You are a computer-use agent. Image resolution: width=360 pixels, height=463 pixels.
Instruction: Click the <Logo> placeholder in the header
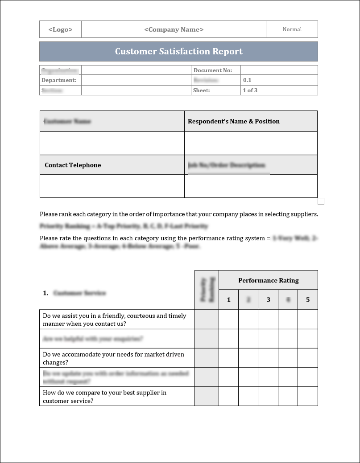(x=60, y=29)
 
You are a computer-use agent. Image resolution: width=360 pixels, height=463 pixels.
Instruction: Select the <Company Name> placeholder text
(x=174, y=29)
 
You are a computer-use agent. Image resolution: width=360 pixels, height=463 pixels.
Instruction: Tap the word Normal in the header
(x=292, y=29)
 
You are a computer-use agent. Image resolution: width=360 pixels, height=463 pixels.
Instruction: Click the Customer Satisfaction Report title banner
(x=178, y=51)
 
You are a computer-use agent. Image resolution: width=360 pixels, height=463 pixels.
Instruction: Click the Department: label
(x=59, y=80)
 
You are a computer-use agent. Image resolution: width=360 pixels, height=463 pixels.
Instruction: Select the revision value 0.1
(x=247, y=80)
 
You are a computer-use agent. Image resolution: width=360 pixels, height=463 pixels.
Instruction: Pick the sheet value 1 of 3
(x=250, y=90)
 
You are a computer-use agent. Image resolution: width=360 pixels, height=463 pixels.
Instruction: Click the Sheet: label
(x=201, y=90)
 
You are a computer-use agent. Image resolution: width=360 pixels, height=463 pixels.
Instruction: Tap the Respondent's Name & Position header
(x=234, y=121)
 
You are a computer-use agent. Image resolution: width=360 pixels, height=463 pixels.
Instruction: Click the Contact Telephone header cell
(x=73, y=165)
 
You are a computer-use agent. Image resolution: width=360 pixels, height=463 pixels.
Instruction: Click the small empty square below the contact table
(x=321, y=201)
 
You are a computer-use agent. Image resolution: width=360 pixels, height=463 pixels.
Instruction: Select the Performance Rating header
(x=268, y=280)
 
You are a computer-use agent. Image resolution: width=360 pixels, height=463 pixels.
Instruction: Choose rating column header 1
(x=229, y=299)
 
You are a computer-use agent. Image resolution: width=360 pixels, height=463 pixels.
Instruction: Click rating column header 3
(x=268, y=299)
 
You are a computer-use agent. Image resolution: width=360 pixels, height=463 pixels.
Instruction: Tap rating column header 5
(x=308, y=299)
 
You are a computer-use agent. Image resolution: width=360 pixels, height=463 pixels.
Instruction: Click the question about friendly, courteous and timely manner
(x=114, y=320)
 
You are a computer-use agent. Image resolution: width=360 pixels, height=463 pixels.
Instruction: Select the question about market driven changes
(x=113, y=358)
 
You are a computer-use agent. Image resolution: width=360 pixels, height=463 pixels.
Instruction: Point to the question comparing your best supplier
(x=104, y=397)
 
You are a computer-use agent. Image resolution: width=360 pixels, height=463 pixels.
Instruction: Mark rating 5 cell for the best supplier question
(x=308, y=396)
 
